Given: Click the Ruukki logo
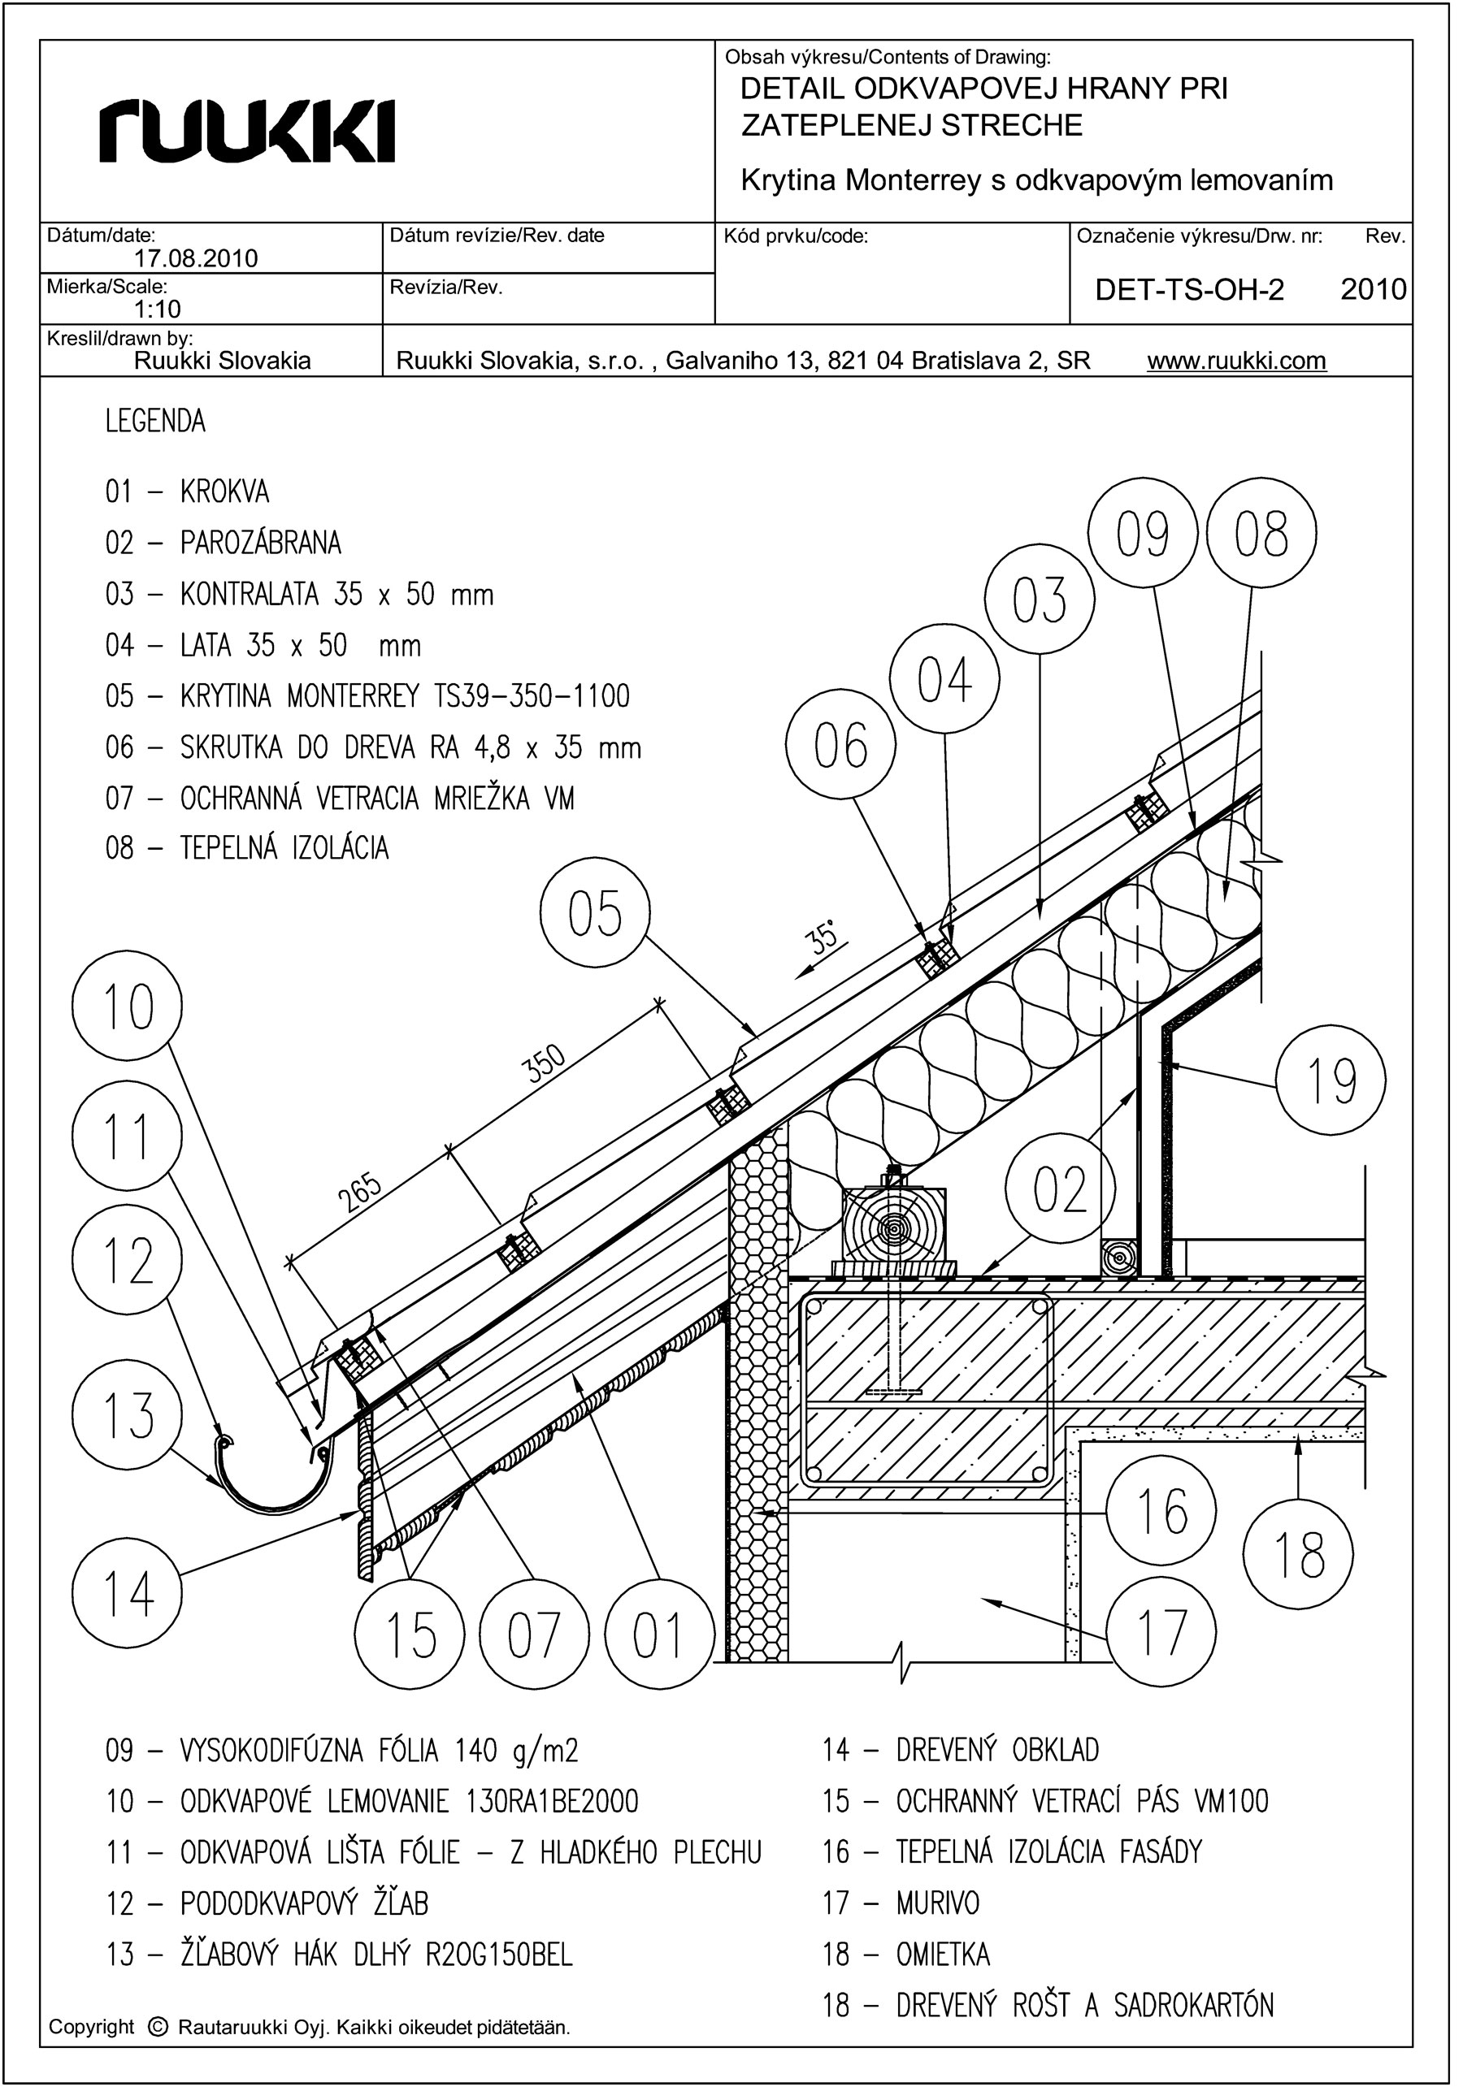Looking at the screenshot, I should (247, 132).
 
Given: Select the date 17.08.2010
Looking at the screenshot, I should (196, 259).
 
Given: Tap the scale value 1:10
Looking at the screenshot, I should (158, 310).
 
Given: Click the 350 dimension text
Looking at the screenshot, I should (546, 1063).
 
